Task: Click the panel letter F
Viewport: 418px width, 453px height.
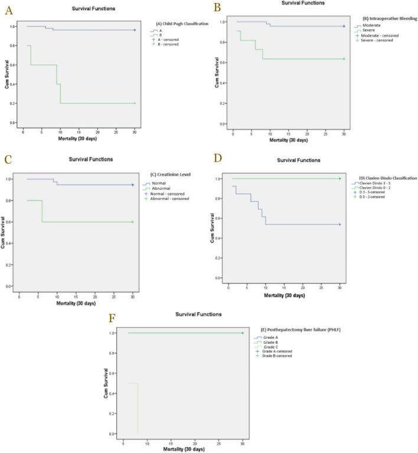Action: tap(112, 319)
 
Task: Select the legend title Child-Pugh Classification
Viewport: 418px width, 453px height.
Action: tap(182, 23)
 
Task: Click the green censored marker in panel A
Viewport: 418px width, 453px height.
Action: tap(135, 103)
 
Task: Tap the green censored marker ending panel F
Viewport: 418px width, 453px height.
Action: tap(242, 333)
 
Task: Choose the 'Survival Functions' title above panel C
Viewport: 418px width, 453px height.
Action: tap(92, 159)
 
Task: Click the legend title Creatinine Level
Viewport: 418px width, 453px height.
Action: tap(165, 175)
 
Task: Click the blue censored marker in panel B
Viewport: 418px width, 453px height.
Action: tap(344, 26)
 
